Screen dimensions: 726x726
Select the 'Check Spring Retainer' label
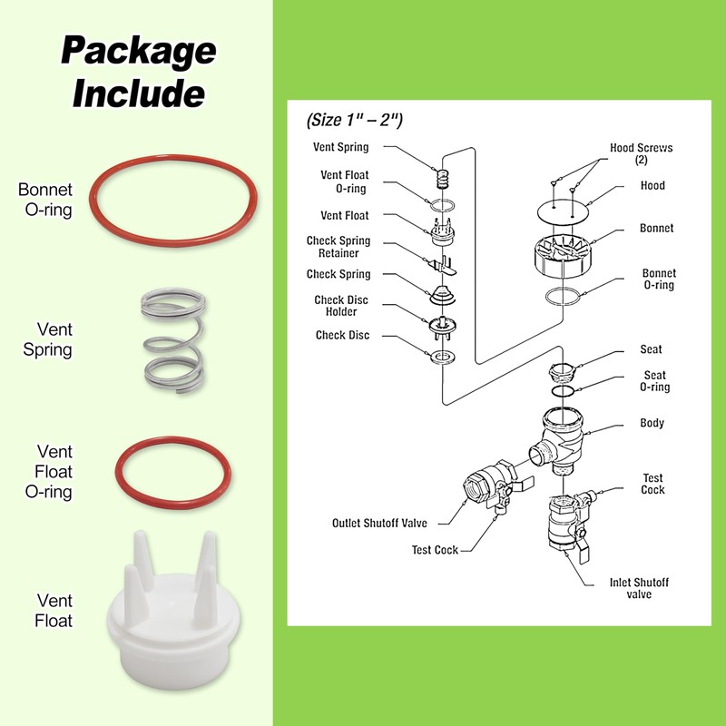coord(338,248)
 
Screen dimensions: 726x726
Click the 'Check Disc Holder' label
coord(341,306)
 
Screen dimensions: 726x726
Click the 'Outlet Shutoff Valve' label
coord(379,523)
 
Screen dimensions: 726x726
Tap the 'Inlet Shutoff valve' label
coord(639,588)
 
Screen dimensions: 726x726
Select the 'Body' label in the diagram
coord(652,423)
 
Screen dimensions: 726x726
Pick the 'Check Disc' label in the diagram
coord(342,335)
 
